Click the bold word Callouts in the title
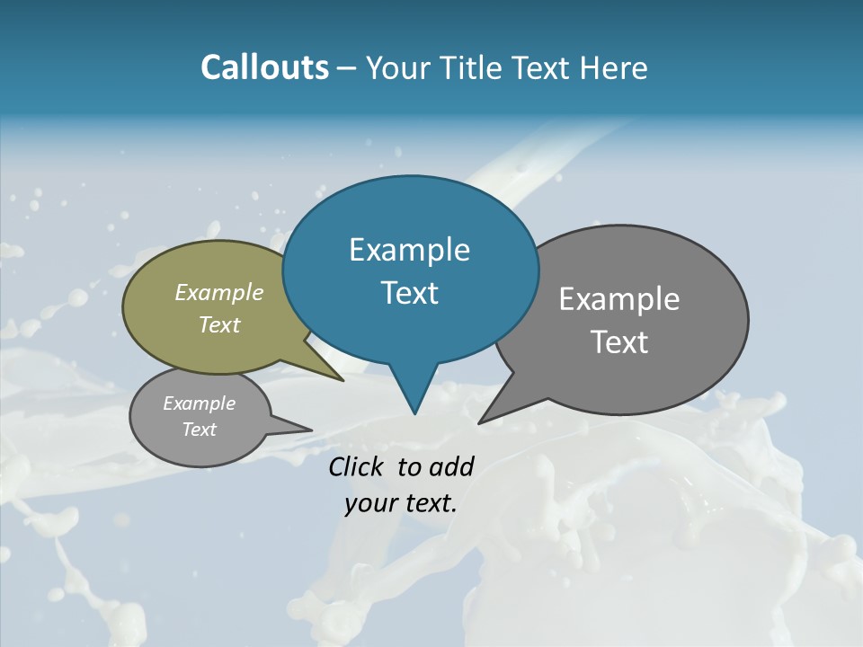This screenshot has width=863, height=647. pos(264,67)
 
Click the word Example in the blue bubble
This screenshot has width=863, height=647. pos(409,250)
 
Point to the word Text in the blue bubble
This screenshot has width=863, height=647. pos(409,293)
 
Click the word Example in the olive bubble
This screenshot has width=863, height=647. pos(219,292)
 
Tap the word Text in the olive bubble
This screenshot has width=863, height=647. pos(219,324)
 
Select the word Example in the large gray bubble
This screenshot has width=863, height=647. pos(619,298)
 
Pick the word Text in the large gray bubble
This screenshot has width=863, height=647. pos(619,341)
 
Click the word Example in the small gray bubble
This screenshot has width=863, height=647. pos(199,403)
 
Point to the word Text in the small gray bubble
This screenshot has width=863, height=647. pos(199,430)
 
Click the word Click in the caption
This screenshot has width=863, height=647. pos(357,466)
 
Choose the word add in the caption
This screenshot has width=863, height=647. pos(451,466)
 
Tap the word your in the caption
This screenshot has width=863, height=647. pos(369,503)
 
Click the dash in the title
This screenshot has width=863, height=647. pos(348,67)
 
